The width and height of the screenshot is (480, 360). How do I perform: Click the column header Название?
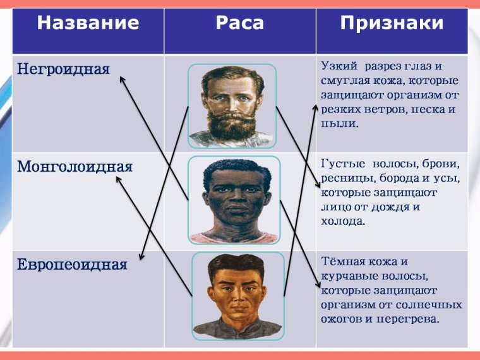click(x=88, y=24)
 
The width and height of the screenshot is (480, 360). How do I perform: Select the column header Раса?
click(x=240, y=24)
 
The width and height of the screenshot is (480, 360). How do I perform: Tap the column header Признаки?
click(x=392, y=24)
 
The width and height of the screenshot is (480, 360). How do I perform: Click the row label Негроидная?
click(x=63, y=68)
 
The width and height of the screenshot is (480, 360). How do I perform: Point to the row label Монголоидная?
click(x=75, y=167)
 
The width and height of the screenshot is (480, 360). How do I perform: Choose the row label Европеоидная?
click(x=72, y=265)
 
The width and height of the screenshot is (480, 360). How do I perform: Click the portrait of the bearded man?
click(x=231, y=105)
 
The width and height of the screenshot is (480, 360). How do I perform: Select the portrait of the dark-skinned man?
click(x=233, y=200)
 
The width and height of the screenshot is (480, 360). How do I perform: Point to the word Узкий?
click(x=340, y=66)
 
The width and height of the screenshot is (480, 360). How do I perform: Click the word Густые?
click(x=342, y=164)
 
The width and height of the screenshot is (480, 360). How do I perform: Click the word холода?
click(x=343, y=222)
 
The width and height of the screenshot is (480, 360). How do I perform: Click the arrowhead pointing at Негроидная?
click(x=122, y=78)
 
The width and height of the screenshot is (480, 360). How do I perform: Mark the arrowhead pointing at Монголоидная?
click(x=118, y=179)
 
